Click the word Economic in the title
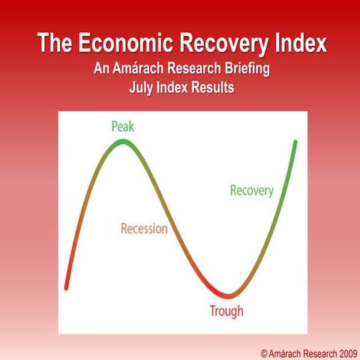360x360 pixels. (118, 43)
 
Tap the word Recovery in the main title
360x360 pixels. (217, 43)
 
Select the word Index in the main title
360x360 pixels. (298, 43)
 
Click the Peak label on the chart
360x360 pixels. (122, 126)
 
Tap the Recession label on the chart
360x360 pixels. (144, 228)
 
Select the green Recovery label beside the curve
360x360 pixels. (251, 190)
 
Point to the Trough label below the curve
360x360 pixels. (226, 310)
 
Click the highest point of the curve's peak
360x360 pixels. (122, 142)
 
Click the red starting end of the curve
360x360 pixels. (67, 286)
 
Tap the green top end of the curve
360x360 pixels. (295, 142)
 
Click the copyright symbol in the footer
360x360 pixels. (265, 351)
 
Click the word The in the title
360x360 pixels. (55, 43)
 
